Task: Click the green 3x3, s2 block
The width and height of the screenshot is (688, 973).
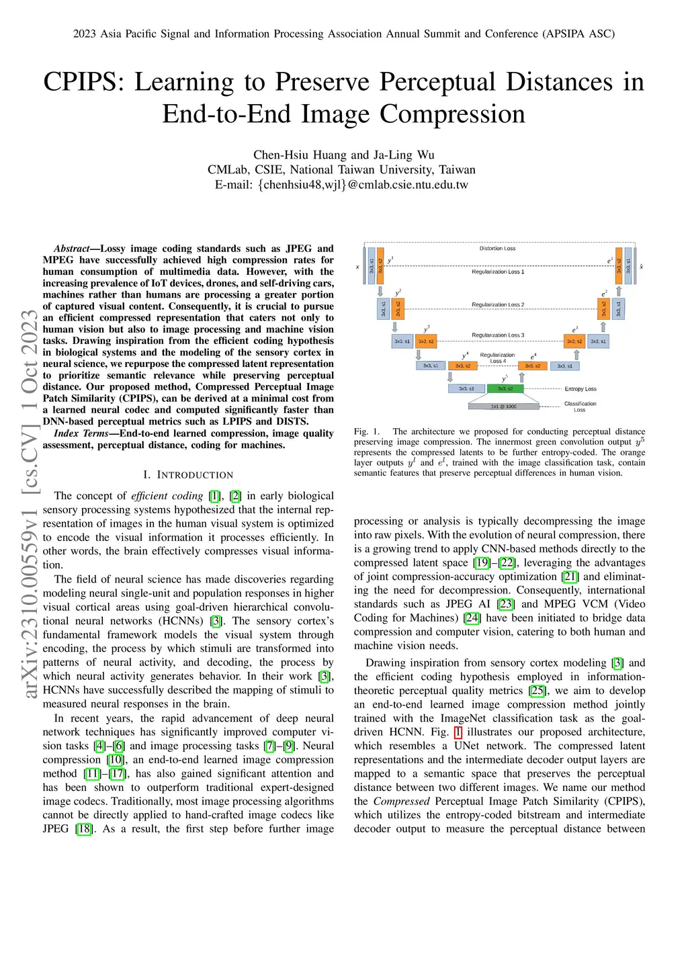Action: pos(505,388)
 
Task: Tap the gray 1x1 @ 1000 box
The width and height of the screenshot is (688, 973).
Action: pos(503,407)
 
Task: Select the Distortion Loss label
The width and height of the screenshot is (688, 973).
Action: pos(497,249)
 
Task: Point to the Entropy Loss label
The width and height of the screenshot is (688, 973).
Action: pos(580,389)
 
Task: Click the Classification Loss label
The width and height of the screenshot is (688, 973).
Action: pos(580,407)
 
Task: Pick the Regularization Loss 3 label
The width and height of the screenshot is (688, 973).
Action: pos(498,335)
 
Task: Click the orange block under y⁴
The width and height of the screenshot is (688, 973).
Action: pos(463,366)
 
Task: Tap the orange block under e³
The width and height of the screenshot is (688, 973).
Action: pos(574,341)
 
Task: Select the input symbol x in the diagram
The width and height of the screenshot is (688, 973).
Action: pos(357,267)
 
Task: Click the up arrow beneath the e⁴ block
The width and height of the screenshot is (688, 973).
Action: pos(521,378)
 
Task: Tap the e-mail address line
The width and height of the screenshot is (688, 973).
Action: pos(341,185)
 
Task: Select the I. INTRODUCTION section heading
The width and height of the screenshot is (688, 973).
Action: pos(188,475)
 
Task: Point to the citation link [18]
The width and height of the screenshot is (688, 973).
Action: pos(84,829)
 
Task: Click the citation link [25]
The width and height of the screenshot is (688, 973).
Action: pos(537,691)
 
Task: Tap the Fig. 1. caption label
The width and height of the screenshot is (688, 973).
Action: pos(367,431)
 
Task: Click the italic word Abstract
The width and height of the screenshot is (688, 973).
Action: pos(72,249)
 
